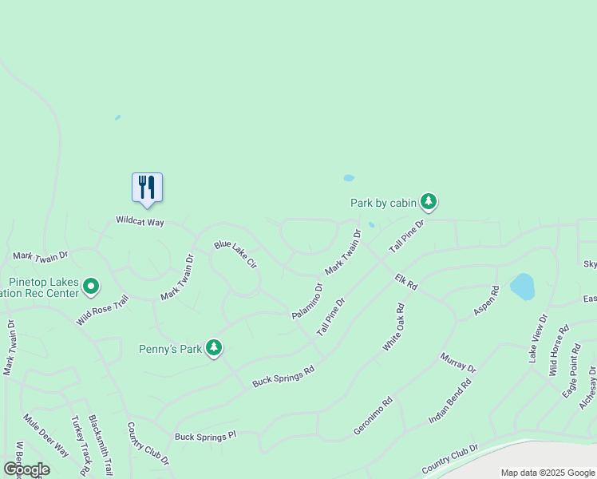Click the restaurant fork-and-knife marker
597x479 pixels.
[x=147, y=188]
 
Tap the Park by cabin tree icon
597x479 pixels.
[x=429, y=201]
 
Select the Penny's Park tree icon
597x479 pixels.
[x=214, y=348]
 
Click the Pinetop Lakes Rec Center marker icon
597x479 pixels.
[x=91, y=286]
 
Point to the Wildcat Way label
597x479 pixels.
[x=140, y=221]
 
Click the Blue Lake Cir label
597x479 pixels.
[x=235, y=253]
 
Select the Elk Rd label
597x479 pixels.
[x=406, y=281]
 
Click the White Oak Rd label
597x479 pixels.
[x=393, y=327]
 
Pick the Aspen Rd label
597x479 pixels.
[x=486, y=300]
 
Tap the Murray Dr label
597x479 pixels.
[x=458, y=362]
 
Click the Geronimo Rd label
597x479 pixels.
[x=374, y=416]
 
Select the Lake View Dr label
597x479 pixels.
[x=539, y=338]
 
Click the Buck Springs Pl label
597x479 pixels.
[x=206, y=437]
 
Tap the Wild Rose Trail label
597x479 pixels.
[x=103, y=310]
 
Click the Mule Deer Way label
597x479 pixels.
[x=46, y=435]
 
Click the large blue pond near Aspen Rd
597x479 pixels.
[x=522, y=287]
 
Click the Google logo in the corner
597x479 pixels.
[x=26, y=469]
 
